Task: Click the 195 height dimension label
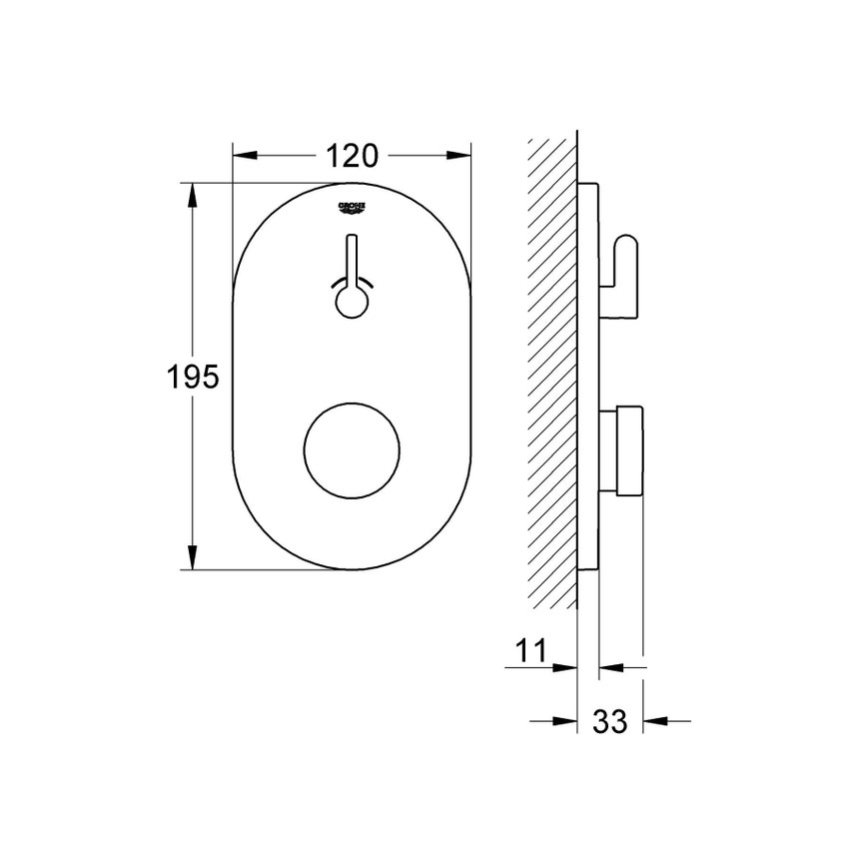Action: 192,377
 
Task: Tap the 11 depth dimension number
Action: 533,651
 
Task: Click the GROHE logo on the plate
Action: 354,207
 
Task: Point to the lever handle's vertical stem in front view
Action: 353,260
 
